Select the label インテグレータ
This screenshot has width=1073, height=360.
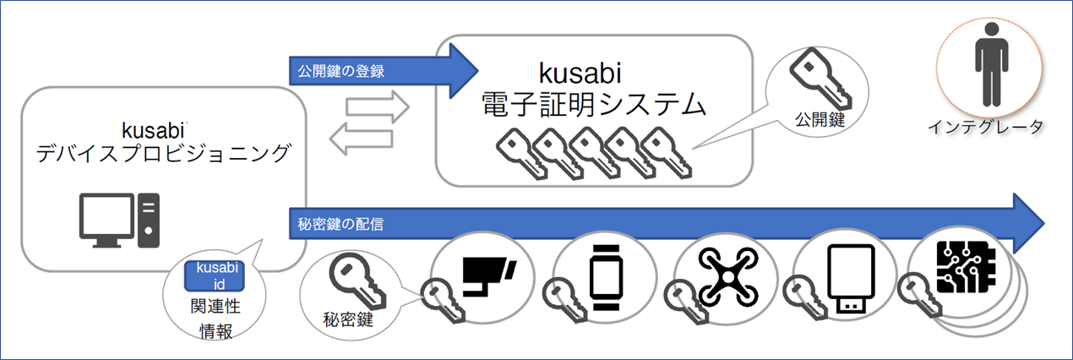(985, 128)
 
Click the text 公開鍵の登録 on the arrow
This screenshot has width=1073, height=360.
(341, 70)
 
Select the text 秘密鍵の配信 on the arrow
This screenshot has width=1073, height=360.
(341, 224)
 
